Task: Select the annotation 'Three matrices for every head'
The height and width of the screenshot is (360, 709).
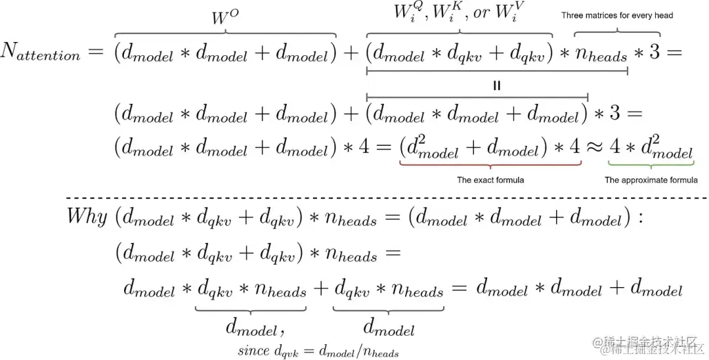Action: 617,15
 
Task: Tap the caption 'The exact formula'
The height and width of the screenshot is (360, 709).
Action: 490,179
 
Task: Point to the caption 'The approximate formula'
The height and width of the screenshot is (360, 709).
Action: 651,179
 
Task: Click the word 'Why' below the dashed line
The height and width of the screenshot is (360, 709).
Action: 87,217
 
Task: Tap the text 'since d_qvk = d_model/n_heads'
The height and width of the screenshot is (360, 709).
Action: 318,351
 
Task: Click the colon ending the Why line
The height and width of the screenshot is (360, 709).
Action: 640,218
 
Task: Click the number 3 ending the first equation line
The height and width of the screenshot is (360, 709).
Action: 654,53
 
